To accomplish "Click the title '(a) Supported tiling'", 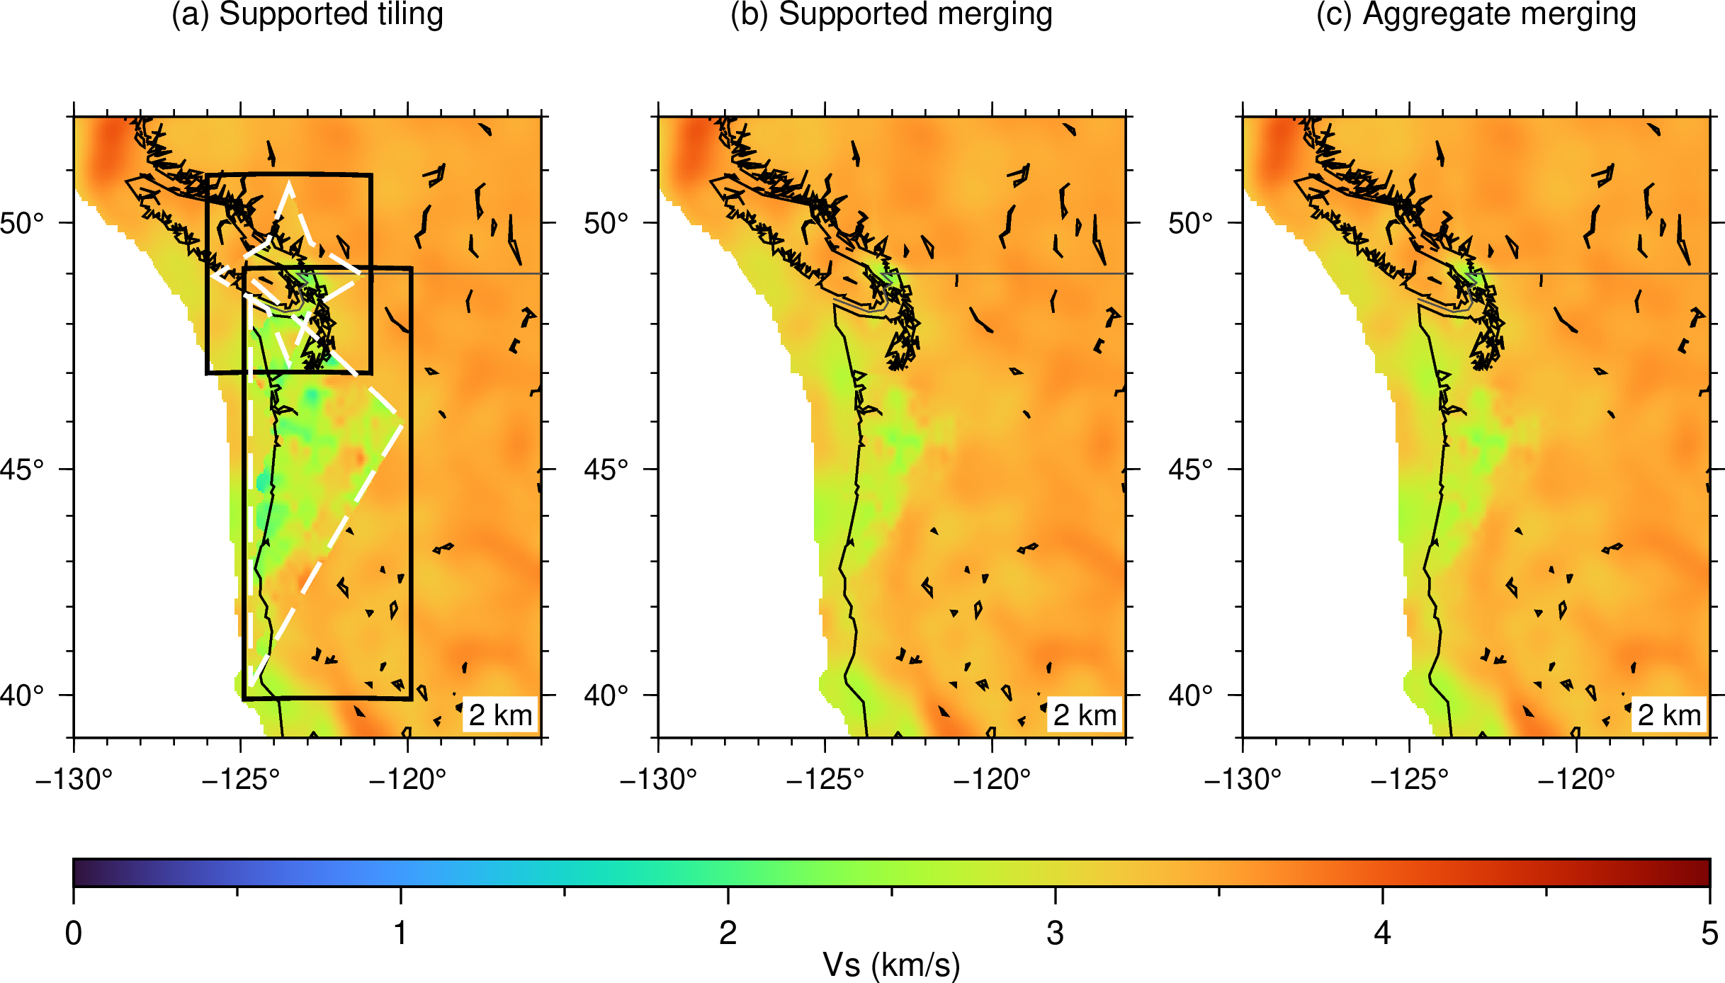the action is coord(307,14).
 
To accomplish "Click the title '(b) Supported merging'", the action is coord(891,14).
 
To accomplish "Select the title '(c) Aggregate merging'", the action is coord(1476,14).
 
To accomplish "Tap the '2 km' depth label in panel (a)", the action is coord(500,715).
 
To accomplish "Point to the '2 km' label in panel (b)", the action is coord(1085,715).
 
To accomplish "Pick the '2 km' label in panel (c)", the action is coord(1669,715).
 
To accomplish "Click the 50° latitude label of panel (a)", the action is coord(22,223).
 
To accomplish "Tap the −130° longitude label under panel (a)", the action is coord(74,779).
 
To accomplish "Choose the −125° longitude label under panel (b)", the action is coord(825,779).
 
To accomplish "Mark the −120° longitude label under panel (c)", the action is coord(1576,779).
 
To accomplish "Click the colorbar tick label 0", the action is coord(74,933).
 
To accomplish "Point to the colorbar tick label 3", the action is coord(1056,933).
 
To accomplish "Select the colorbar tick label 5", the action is coord(1710,933).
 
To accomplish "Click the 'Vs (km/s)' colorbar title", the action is coord(891,965).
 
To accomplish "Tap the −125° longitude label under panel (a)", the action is coord(241,779).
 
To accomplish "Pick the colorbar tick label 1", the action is coord(401,933).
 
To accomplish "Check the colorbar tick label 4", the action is coord(1383,933).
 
